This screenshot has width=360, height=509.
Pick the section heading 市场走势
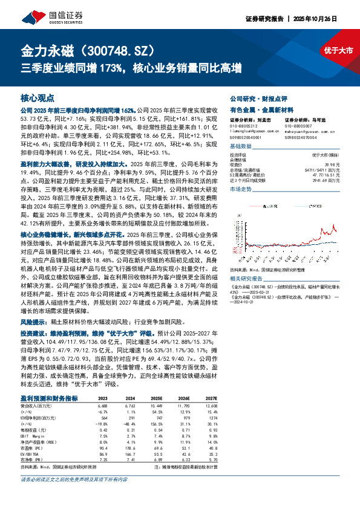241,189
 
